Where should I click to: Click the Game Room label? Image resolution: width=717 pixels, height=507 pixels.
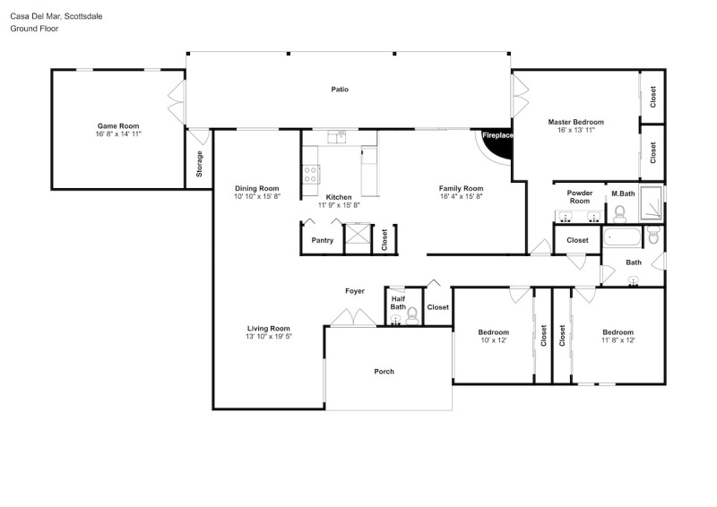[x=118, y=125]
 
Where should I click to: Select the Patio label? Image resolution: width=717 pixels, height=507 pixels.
[x=340, y=90]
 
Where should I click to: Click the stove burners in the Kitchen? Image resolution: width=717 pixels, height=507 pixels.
[x=310, y=174]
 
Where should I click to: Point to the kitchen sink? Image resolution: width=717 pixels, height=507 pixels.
[x=339, y=137]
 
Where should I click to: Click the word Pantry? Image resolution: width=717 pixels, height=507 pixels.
[x=323, y=240]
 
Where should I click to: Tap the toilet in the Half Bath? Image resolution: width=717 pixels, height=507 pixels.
[x=412, y=316]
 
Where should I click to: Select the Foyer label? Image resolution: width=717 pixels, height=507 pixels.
[x=355, y=291]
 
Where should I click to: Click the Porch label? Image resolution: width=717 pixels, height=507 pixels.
[x=384, y=371]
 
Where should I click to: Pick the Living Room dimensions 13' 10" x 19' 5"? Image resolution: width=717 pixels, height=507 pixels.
[x=269, y=337]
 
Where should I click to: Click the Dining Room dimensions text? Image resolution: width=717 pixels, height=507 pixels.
[x=257, y=196]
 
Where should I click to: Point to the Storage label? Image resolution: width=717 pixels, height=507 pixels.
[x=199, y=164]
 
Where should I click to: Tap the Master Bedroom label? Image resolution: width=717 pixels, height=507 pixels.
[x=575, y=122]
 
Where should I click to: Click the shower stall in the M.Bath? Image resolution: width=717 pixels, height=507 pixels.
[x=651, y=202]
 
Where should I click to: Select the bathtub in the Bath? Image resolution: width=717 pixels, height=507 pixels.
[x=622, y=236]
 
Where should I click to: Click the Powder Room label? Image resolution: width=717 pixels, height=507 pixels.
[x=580, y=197]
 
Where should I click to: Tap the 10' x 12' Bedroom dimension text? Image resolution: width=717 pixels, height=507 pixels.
[x=494, y=340]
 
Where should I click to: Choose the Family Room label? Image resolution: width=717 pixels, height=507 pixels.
[x=461, y=188]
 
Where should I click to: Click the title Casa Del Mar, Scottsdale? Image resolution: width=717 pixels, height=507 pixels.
[x=56, y=16]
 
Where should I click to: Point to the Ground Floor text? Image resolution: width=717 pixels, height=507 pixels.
[x=34, y=29]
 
